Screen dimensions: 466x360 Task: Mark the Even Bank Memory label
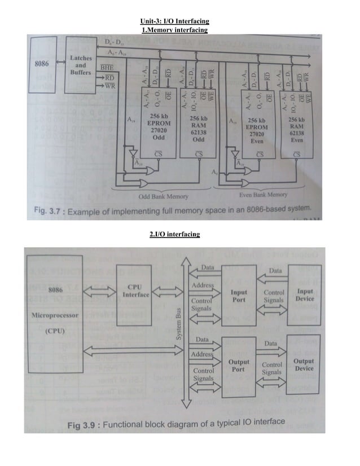coord(262,195)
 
